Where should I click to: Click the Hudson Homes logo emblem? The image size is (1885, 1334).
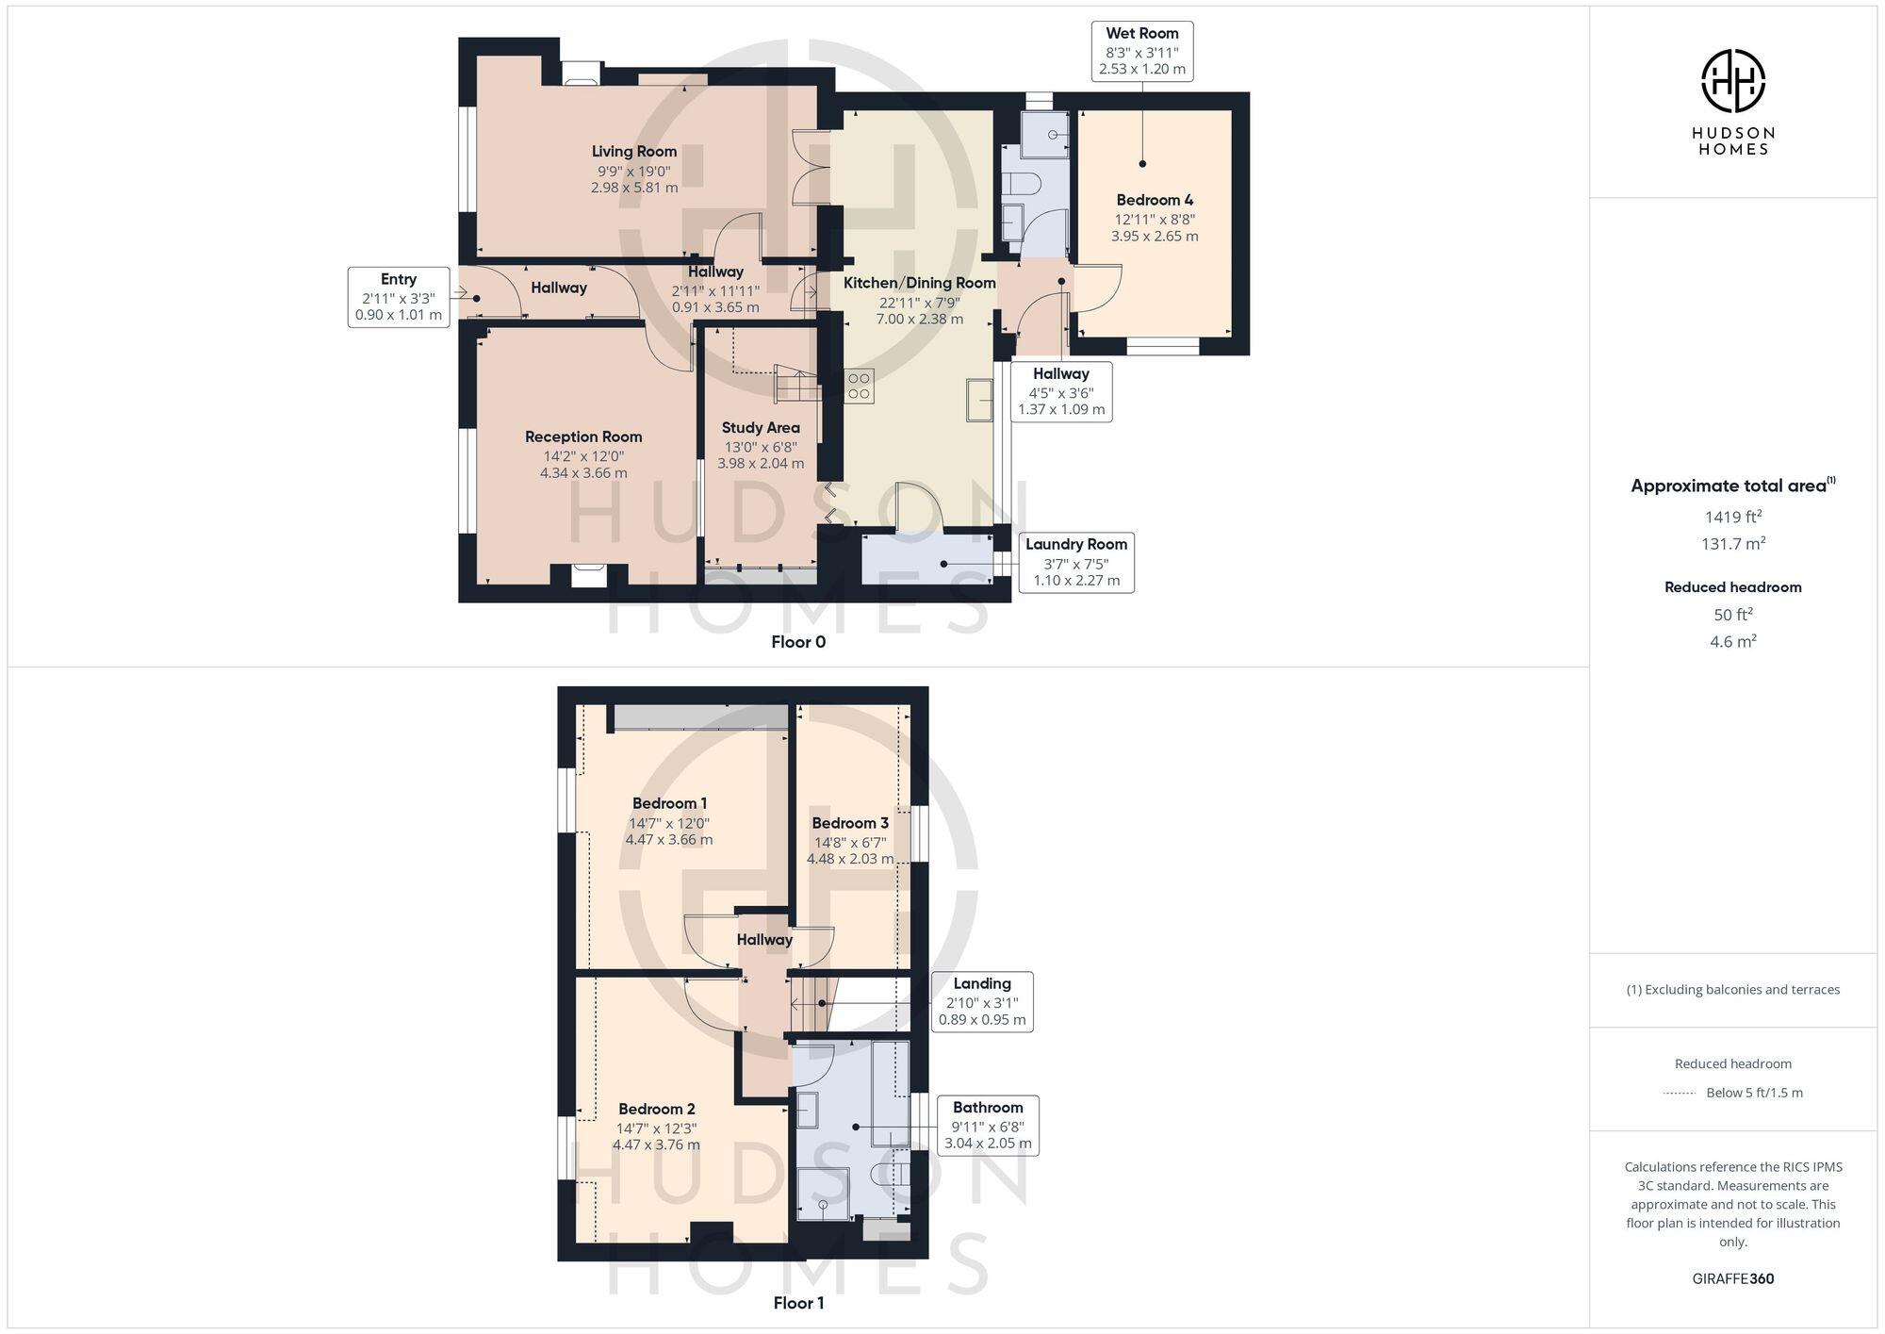1732,81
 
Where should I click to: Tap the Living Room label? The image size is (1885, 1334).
634,152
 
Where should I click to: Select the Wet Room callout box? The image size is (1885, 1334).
1142,51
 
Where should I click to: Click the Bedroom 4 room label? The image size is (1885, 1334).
1155,200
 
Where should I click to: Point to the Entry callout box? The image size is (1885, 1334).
398,297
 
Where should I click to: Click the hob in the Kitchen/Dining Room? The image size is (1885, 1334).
859,386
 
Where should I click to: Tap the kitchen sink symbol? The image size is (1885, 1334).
979,400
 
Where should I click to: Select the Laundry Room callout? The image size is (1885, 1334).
1076,562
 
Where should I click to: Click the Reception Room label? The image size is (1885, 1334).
583,437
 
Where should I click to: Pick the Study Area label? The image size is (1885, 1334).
761,428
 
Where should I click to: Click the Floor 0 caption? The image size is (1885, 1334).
798,642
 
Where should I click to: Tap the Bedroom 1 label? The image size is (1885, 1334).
669,803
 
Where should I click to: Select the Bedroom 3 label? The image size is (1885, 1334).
850,823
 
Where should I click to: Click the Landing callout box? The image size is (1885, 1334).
982,1001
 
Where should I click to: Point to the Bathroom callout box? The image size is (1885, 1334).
988,1125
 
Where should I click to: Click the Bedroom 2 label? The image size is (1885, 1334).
657,1109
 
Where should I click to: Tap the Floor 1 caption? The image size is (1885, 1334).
798,1303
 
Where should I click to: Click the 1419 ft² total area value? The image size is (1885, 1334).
1732,517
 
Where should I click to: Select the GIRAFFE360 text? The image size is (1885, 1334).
1732,1279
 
